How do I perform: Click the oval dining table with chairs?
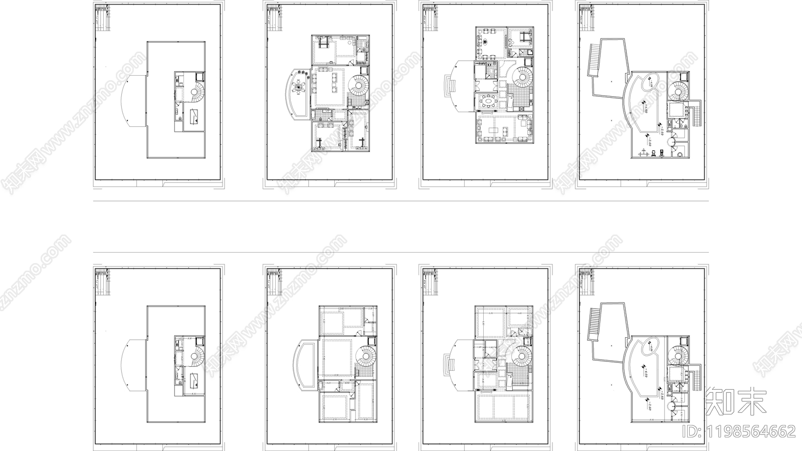(x=488, y=102)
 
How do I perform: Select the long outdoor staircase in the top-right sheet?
(x=594, y=59)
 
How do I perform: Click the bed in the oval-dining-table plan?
(x=524, y=38)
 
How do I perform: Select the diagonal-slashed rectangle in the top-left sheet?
(x=194, y=118)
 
